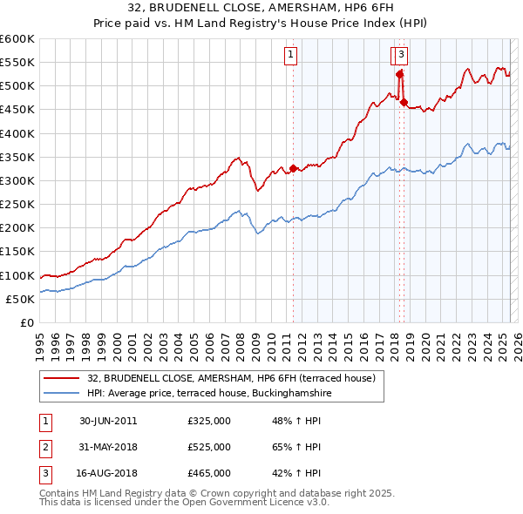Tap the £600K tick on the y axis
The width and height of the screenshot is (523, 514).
(x=17, y=39)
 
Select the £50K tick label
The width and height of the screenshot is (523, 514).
(x=21, y=299)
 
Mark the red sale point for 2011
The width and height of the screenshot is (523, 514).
(x=293, y=168)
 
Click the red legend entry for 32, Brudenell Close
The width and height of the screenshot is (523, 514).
(x=231, y=378)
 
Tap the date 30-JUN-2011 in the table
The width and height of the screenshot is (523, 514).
(x=108, y=421)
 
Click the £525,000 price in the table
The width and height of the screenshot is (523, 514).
(x=209, y=447)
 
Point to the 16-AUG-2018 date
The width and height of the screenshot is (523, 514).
(x=108, y=473)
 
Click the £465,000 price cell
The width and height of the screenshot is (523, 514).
(x=209, y=473)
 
